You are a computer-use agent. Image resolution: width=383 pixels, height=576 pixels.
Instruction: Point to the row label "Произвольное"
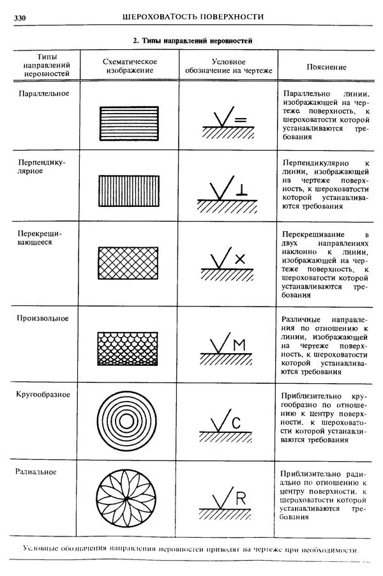42,318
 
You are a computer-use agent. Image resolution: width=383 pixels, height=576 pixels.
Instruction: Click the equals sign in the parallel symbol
240,119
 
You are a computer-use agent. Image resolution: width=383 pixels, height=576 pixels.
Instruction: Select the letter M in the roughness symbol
239,345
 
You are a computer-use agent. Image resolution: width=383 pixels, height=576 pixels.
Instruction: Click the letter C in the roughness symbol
235,422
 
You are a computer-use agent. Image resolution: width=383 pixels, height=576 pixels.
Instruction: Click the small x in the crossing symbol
239,259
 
